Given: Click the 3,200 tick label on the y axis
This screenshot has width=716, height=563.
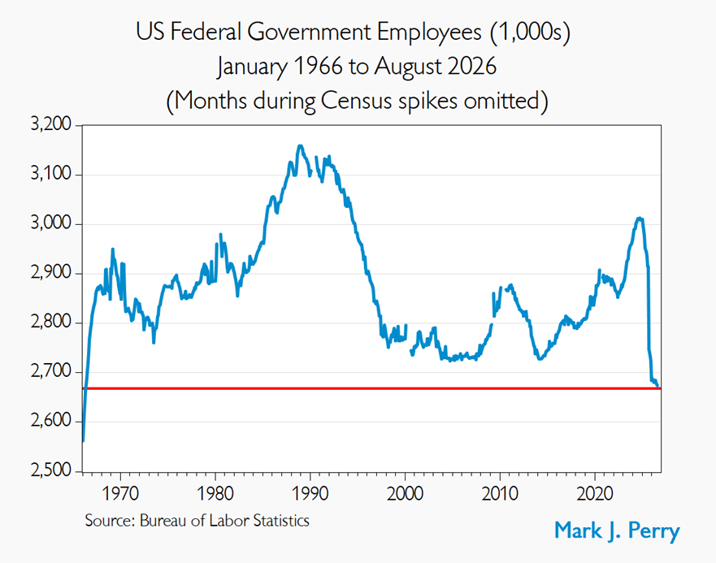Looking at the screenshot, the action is pyautogui.click(x=51, y=124).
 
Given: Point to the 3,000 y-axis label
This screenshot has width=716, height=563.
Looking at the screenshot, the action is pyautogui.click(x=51, y=223).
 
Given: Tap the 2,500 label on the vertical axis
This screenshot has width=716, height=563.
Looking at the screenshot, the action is pyautogui.click(x=51, y=470).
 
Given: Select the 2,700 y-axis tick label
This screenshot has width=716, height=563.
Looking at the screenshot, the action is pyautogui.click(x=51, y=371).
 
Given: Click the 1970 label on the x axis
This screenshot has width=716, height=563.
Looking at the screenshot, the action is pyautogui.click(x=120, y=493).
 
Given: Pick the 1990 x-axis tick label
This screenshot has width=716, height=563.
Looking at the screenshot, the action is pyautogui.click(x=310, y=493).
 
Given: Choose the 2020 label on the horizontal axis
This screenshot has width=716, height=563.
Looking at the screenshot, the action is pyautogui.click(x=595, y=493).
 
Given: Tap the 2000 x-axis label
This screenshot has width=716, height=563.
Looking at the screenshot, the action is pyautogui.click(x=405, y=493).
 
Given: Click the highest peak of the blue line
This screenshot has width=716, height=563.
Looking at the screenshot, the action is pyautogui.click(x=300, y=145).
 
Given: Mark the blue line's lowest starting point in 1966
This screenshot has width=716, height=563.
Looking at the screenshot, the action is pyautogui.click(x=83, y=441).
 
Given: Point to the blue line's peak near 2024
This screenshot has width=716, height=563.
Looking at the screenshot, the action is pyautogui.click(x=640, y=219).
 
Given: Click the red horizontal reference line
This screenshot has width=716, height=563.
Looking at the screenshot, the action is pyautogui.click(x=371, y=388).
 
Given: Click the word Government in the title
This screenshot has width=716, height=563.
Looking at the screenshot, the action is pyautogui.click(x=310, y=32).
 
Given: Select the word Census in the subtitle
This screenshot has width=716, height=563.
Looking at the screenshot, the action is pyautogui.click(x=357, y=101).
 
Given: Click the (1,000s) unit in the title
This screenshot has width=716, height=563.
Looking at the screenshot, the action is pyautogui.click(x=531, y=32).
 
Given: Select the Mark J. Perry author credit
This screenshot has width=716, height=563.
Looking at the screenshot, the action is pyautogui.click(x=617, y=531).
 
